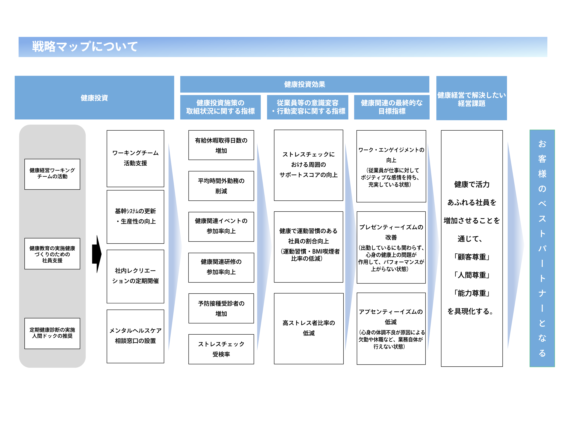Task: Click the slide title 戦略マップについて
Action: pos(85,47)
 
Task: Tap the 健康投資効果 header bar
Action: pos(304,84)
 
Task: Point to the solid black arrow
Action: pos(97,254)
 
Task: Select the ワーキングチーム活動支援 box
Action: pos(135,158)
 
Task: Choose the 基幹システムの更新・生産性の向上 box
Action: pos(135,217)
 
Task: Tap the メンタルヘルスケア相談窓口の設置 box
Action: pos(135,336)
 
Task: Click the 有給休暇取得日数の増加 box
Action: pos(221,145)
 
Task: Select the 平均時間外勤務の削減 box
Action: pos(221,186)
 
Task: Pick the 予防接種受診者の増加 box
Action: pos(221,308)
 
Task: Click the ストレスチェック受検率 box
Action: pos(221,349)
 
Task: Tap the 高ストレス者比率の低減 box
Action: pos(309,328)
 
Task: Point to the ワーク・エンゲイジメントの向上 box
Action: pos(391,166)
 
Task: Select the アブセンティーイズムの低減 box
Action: pos(391,329)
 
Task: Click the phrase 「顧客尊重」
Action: pos(471,257)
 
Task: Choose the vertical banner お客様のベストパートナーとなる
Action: pos(542,248)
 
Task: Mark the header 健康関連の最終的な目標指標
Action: pos(392,107)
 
